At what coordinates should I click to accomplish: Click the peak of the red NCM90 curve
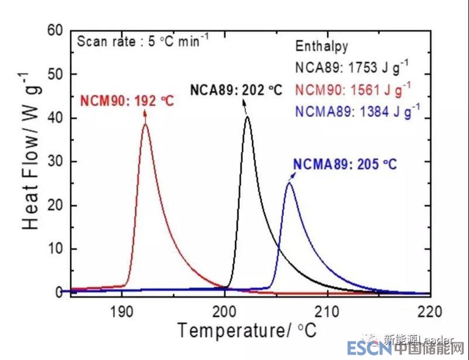(x=145, y=124)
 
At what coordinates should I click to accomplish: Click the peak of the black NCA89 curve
(x=247, y=117)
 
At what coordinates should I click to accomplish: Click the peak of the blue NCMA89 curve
(x=289, y=184)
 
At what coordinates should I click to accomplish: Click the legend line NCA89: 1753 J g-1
(x=352, y=67)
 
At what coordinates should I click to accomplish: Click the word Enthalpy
(x=321, y=46)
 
